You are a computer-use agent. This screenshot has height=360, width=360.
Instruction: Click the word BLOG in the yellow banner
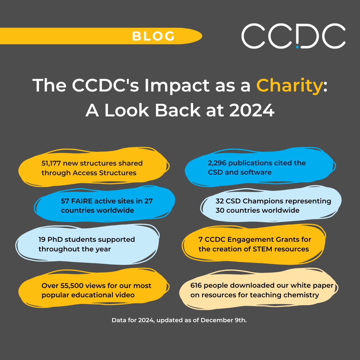click(153, 36)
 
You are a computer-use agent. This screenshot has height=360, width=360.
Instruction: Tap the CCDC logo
click(293, 36)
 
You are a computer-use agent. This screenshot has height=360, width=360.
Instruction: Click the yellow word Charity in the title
click(289, 85)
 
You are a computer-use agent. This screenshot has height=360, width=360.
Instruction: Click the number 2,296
click(217, 163)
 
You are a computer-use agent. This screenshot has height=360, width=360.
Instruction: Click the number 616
click(196, 285)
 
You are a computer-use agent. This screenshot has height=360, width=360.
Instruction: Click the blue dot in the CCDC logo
click(297, 47)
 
